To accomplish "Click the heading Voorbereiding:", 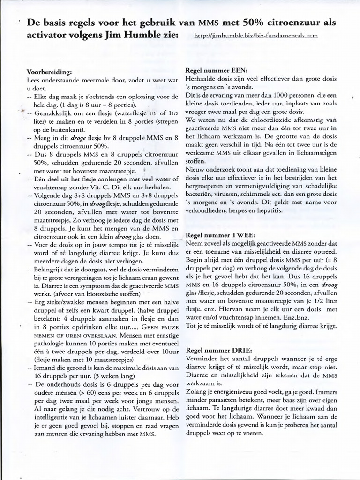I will (x=50, y=72).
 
